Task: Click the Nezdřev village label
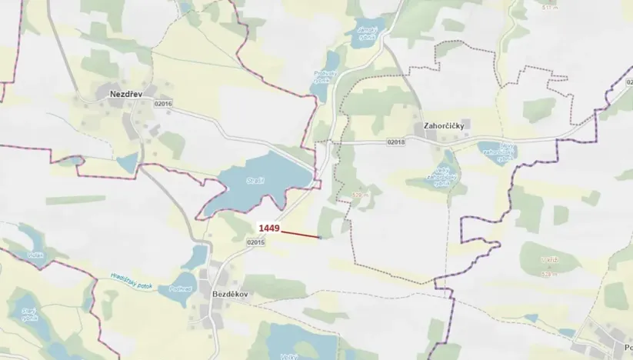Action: click(x=116, y=93)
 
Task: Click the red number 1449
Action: click(x=268, y=228)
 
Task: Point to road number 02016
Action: click(x=163, y=105)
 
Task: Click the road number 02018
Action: click(x=396, y=142)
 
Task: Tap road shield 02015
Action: click(x=255, y=242)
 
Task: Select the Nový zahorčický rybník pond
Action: click(x=495, y=151)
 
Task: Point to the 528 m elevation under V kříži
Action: click(x=549, y=273)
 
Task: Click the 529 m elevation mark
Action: click(x=358, y=195)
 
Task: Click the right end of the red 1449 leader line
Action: click(x=319, y=238)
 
